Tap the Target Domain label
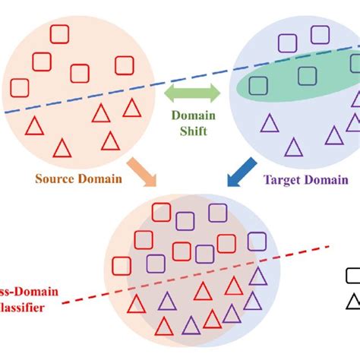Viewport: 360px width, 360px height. coord(305,180)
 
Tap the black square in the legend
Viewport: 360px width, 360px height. coord(353,276)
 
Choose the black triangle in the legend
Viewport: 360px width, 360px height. coord(353,302)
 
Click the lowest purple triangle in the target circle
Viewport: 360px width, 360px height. coord(292,146)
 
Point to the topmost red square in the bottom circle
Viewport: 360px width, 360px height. coord(161,213)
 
